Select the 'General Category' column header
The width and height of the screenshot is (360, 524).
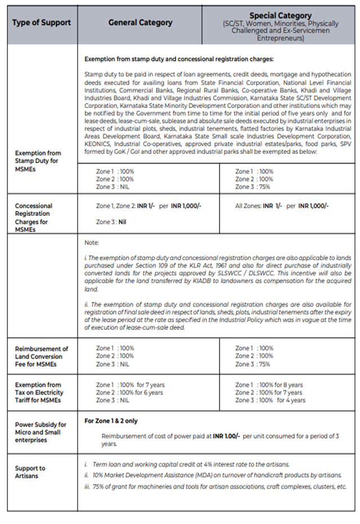point(140,22)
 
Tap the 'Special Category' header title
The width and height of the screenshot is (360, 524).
point(280,16)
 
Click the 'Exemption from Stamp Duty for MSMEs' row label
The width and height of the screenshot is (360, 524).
point(39,161)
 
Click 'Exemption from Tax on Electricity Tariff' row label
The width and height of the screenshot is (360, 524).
point(39,392)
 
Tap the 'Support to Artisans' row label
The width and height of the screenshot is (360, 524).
point(31,472)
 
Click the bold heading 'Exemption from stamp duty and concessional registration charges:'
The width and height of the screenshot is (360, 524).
point(178,59)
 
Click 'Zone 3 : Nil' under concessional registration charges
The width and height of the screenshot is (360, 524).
point(111,222)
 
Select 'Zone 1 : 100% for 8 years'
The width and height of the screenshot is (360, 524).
point(269,385)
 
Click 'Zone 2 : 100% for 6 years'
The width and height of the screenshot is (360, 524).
point(129,392)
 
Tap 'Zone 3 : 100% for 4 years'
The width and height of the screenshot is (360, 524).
point(270,400)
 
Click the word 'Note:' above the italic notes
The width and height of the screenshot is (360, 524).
point(91,243)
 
